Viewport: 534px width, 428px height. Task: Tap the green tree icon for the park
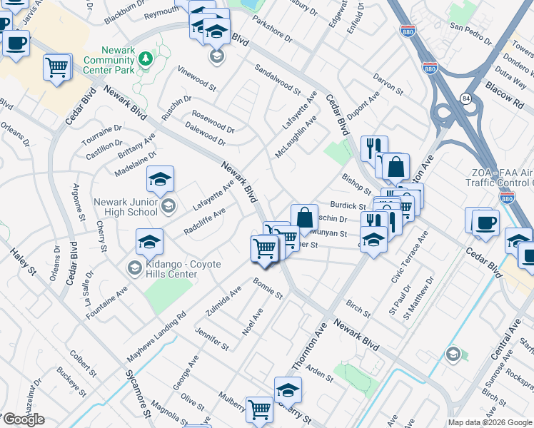pos(146,58)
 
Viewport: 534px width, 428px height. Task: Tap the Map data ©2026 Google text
pos(490,422)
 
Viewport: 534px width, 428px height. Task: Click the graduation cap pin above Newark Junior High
pos(160,180)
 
